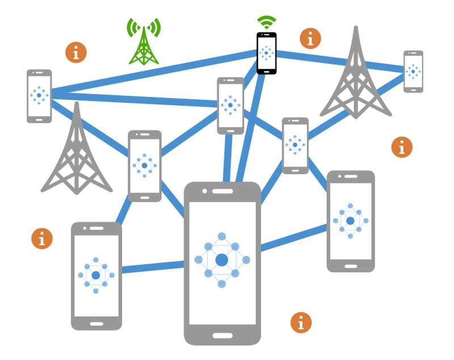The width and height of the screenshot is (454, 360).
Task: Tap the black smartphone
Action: point(266,53)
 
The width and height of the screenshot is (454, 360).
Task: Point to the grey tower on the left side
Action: point(76,153)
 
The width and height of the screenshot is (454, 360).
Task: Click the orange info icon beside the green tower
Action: point(76,52)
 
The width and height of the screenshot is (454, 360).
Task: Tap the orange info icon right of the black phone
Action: point(310,39)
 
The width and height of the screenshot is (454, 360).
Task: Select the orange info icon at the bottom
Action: point(301,322)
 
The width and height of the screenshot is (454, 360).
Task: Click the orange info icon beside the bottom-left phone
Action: point(41,238)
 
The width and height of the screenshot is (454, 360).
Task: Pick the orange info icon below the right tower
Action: point(402,147)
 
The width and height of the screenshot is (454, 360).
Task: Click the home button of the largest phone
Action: point(222,335)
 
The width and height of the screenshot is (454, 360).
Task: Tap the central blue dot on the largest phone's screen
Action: point(222,260)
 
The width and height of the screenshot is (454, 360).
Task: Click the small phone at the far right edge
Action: point(413,71)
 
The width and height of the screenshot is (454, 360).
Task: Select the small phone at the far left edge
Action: point(39,96)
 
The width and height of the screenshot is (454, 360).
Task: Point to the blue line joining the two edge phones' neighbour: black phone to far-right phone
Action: point(340,61)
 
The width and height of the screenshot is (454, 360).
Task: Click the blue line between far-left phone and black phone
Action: point(153,73)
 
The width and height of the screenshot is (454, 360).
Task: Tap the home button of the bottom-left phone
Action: point(96,324)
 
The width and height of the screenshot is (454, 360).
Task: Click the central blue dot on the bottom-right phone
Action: point(350,221)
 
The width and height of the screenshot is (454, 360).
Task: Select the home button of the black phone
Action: point(266,70)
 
